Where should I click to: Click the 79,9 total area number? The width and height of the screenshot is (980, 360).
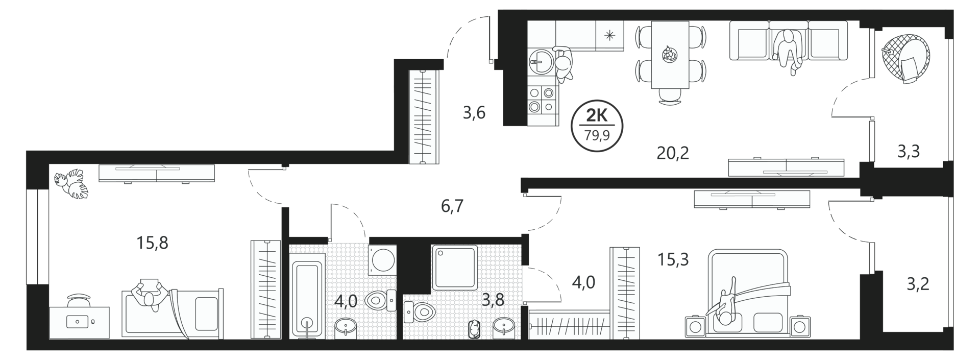click(x=597, y=135)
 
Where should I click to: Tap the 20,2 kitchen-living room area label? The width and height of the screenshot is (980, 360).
click(x=673, y=152)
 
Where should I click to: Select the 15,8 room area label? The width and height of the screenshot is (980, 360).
click(x=152, y=243)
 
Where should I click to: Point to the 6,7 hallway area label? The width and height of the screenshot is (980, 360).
click(x=452, y=207)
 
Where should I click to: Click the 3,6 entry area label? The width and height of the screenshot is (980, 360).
click(x=474, y=113)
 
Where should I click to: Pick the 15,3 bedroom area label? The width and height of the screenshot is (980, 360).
click(x=673, y=260)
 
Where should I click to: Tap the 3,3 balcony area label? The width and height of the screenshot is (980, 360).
click(x=909, y=152)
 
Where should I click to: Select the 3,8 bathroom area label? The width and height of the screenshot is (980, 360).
click(x=493, y=300)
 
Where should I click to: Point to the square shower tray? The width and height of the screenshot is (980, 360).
click(x=455, y=268)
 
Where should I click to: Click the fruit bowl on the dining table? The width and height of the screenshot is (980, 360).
click(x=669, y=54)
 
